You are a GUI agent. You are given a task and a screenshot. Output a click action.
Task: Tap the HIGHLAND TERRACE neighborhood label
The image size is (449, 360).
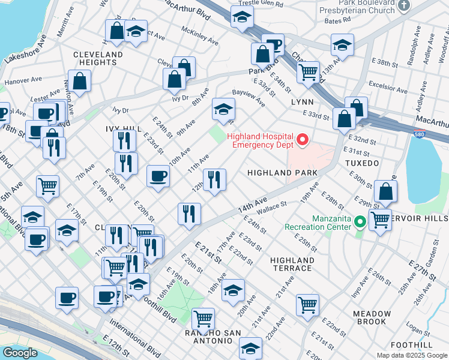(292, 264)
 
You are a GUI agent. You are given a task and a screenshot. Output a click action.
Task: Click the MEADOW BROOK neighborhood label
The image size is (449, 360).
(372, 317)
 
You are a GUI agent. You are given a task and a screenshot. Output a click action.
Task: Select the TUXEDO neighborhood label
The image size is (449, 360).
(362, 163)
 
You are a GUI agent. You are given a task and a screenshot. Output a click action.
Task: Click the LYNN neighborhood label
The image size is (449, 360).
(303, 102)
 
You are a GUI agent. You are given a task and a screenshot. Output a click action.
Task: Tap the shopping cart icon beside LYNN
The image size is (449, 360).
(308, 72)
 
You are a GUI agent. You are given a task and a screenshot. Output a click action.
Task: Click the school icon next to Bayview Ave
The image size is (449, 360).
(223, 110)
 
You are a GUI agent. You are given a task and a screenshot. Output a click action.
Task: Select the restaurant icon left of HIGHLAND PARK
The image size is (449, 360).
(214, 179)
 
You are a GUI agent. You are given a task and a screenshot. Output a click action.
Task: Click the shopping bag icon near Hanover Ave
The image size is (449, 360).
(79, 81)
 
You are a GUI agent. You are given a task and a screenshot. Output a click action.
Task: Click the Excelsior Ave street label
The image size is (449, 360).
(388, 84)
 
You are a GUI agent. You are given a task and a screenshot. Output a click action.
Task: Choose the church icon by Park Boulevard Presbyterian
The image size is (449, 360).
(403, 5)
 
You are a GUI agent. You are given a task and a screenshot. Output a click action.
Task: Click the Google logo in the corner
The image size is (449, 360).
(20, 353)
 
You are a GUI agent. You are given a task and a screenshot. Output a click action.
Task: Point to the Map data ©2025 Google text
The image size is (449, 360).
(412, 355)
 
